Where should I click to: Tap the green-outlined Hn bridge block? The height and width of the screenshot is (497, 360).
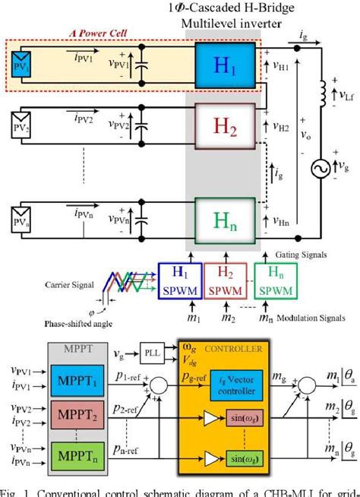point(221,217)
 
